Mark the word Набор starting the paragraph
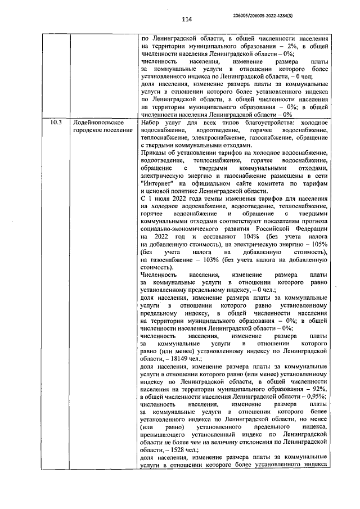151,122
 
